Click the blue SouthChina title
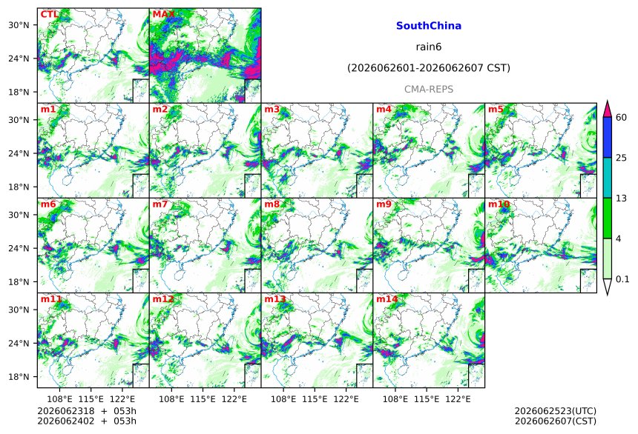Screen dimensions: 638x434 429,26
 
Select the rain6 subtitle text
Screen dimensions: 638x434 429,47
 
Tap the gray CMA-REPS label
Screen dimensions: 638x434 429,89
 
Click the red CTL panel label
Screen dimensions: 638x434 49,15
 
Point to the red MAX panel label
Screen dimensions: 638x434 163,15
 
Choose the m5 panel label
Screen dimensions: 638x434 496,110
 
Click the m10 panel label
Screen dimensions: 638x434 499,204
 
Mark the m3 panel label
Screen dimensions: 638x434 272,110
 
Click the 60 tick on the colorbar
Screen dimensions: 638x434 621,118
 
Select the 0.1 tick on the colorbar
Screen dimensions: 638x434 622,278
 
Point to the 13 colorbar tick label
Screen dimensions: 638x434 621,198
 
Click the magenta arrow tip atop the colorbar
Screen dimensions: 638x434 607,101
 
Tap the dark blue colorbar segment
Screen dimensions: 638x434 607,137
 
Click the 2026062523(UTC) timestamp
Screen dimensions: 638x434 556,411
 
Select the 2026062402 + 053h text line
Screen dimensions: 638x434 87,421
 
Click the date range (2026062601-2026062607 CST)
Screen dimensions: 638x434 429,68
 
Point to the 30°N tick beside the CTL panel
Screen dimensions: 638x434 19,24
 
